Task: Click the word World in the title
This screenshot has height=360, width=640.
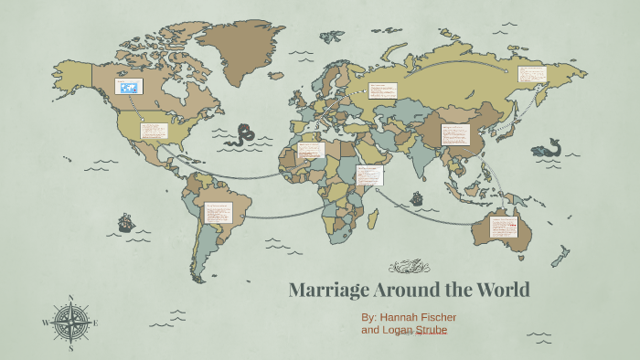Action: (500, 291)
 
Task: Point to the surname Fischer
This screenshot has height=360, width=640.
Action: (461, 317)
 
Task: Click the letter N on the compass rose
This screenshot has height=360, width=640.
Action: (70, 297)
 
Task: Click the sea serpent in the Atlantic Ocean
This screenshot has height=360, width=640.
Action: (243, 136)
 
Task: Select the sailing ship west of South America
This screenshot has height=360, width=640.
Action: (125, 222)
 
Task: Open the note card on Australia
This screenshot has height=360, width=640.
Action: (503, 228)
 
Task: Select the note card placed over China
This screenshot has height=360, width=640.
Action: (454, 133)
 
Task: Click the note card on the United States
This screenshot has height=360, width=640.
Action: (153, 130)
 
